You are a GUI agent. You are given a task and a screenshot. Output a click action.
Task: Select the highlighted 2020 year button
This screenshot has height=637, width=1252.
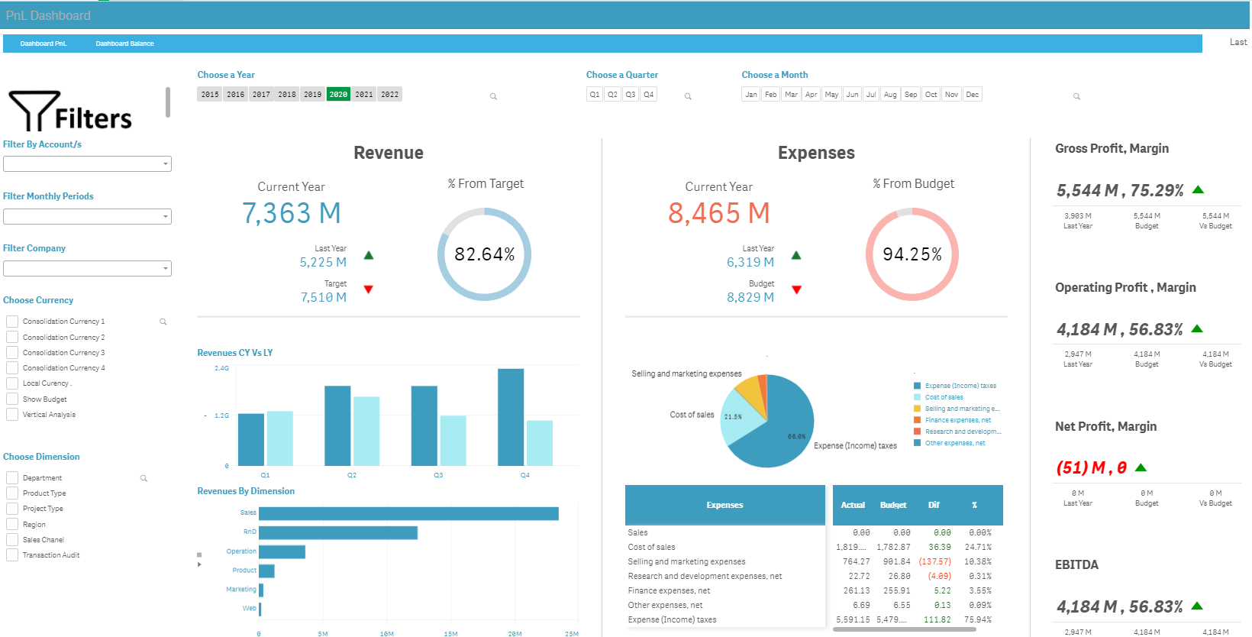(338, 95)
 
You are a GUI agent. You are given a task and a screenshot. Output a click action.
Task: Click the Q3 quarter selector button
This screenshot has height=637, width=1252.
(631, 95)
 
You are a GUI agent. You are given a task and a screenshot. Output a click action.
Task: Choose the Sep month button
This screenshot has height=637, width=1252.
(911, 95)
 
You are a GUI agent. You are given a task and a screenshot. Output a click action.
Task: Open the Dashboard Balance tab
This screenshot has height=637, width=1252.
(124, 44)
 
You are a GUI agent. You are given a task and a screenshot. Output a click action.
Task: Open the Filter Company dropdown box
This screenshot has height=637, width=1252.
(87, 269)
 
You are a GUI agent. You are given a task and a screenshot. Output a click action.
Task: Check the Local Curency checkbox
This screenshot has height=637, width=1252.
(12, 383)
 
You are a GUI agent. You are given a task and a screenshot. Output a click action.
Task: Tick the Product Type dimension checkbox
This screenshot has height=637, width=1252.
(12, 493)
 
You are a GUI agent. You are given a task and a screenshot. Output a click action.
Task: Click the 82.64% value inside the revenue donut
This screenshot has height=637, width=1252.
(484, 254)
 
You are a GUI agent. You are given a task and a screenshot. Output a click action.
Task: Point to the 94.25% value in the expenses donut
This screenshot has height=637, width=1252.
(912, 254)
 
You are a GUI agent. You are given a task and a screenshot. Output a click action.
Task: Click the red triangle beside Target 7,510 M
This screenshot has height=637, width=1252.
(369, 289)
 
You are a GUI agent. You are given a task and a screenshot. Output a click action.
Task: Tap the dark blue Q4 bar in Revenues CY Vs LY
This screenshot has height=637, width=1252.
(511, 417)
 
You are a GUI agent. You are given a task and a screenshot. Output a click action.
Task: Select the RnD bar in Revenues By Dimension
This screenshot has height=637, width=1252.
(338, 532)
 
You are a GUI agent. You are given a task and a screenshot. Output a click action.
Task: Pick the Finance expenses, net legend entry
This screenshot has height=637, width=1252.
(957, 420)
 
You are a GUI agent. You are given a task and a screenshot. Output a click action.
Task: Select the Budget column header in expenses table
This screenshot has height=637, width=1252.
(893, 505)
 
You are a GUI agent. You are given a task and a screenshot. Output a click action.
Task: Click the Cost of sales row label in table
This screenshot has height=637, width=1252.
(651, 547)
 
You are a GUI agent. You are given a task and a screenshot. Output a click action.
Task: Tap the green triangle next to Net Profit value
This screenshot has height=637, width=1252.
(1141, 467)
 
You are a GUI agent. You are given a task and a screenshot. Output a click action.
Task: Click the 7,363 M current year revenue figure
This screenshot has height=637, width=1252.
(291, 213)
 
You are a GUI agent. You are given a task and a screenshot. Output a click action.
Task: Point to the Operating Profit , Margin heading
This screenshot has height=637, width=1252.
(1125, 287)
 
